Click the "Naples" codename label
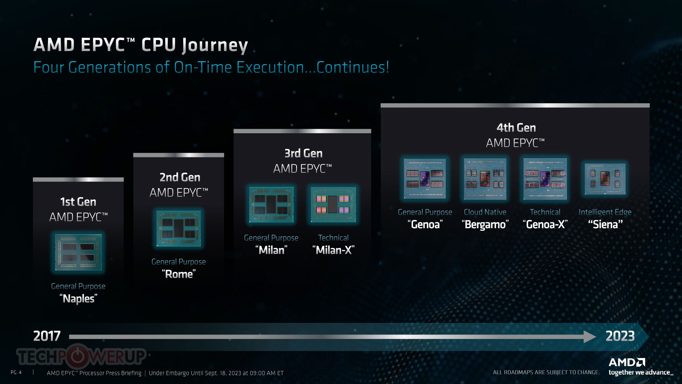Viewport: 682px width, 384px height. pyautogui.click(x=78, y=298)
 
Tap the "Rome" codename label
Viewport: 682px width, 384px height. pyautogui.click(x=179, y=274)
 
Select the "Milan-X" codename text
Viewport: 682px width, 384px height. pyautogui.click(x=333, y=250)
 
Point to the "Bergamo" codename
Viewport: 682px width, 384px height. pyautogui.click(x=485, y=224)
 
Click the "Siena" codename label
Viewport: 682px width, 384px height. pyautogui.click(x=605, y=224)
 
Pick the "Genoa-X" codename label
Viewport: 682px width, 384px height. pyautogui.click(x=545, y=224)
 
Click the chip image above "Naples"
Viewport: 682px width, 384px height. pyautogui.click(x=78, y=252)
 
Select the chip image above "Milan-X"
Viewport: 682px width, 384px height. pyautogui.click(x=333, y=205)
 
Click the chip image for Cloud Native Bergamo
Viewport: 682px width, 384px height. pyautogui.click(x=485, y=179)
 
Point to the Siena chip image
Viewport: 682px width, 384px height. pyautogui.click(x=605, y=179)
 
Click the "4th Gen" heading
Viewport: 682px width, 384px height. pyautogui.click(x=516, y=127)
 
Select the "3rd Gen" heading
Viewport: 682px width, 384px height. pyautogui.click(x=303, y=153)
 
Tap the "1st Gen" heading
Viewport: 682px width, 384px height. pyautogui.click(x=78, y=202)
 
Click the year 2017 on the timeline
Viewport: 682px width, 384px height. pyautogui.click(x=47, y=336)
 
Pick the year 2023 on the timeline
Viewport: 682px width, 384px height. pyautogui.click(x=620, y=336)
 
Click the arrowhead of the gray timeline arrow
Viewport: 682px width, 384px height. pyautogui.click(x=590, y=337)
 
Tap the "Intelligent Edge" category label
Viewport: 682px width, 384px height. pyautogui.click(x=605, y=212)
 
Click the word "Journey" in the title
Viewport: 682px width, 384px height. pyautogui.click(x=215, y=45)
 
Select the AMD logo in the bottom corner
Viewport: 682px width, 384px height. pyautogui.click(x=627, y=362)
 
